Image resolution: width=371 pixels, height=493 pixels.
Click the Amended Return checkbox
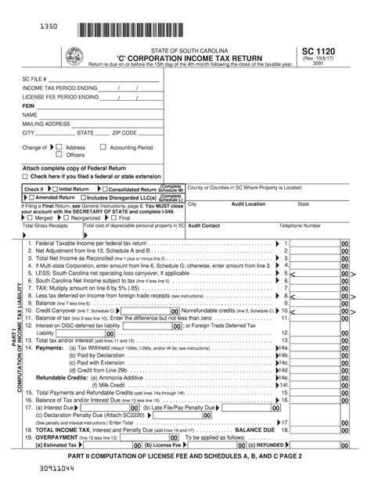[31, 198]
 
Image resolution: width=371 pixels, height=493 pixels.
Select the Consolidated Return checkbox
[103, 189]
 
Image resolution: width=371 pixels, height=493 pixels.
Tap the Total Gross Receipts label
[47, 225]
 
